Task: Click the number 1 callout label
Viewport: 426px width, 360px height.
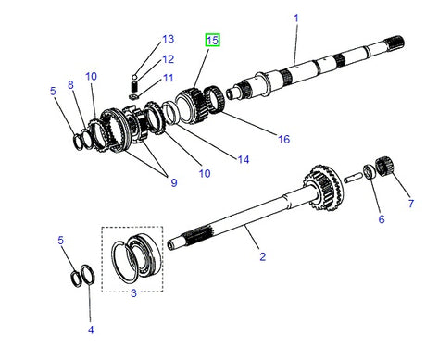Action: click(x=296, y=17)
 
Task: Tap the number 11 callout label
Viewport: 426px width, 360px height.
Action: click(x=167, y=79)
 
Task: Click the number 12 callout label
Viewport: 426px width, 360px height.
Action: click(x=167, y=59)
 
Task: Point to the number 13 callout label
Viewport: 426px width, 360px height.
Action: click(x=167, y=40)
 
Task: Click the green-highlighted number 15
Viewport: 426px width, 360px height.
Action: click(x=212, y=40)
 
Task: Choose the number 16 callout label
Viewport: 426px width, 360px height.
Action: click(x=284, y=139)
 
